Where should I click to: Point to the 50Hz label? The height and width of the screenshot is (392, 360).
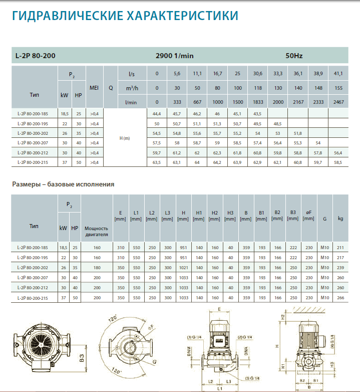point(294,56)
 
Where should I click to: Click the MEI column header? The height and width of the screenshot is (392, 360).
point(94,88)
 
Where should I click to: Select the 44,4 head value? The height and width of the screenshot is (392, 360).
point(156,114)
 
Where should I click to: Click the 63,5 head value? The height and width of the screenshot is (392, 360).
point(156,162)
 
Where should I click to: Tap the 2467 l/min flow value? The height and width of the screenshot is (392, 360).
point(338,101)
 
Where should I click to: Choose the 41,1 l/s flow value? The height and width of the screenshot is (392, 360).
point(338,74)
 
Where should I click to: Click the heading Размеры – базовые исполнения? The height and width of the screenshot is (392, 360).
point(63,184)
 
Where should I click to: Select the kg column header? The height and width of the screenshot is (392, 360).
point(340,219)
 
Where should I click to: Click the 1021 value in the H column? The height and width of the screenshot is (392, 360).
point(183,268)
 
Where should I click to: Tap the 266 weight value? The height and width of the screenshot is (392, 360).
point(340,298)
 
